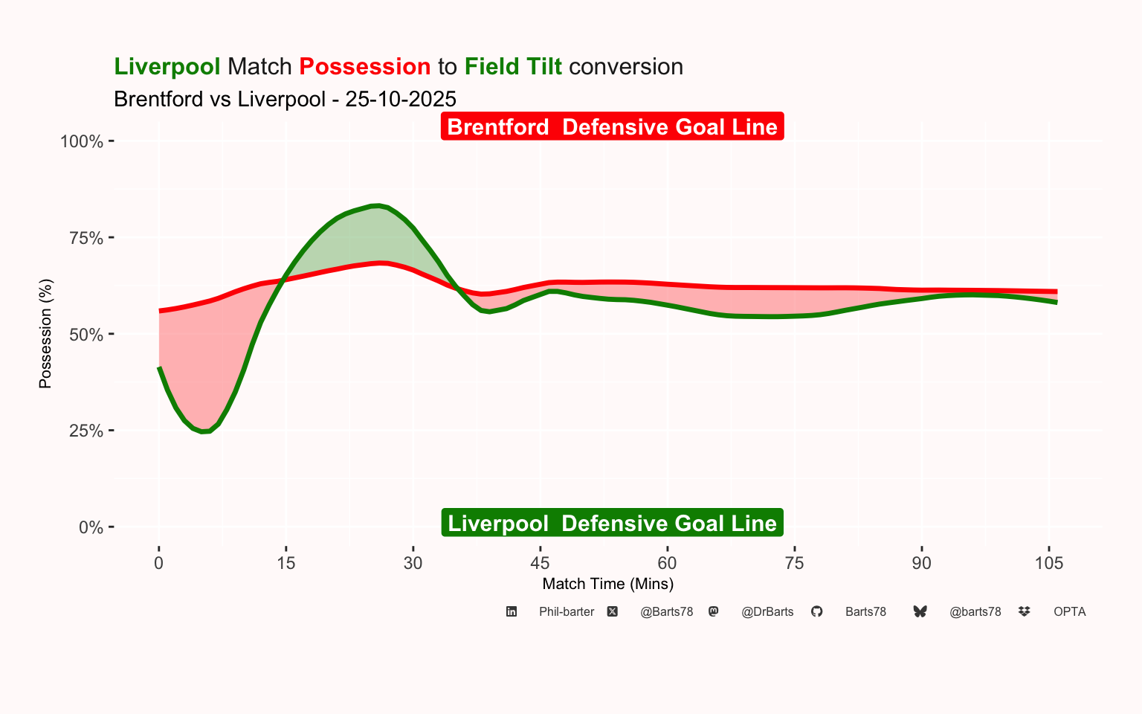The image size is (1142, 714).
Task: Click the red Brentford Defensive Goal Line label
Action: [x=612, y=126]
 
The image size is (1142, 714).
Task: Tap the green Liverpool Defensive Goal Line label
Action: [x=612, y=523]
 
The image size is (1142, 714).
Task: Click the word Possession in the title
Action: [x=364, y=66]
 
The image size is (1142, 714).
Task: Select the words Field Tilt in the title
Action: [x=513, y=66]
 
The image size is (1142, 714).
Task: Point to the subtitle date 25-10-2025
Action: [x=401, y=99]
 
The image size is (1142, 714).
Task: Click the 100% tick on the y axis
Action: [x=82, y=141]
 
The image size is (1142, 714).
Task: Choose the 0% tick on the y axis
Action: [x=91, y=527]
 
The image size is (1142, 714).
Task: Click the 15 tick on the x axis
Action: [x=285, y=563]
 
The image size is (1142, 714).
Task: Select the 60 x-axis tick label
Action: [x=667, y=563]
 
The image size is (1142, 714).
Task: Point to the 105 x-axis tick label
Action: [x=1048, y=563]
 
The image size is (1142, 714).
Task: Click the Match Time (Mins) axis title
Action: [x=608, y=584]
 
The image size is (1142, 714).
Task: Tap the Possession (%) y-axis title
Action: [x=45, y=334]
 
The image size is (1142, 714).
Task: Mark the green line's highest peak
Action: [x=377, y=205]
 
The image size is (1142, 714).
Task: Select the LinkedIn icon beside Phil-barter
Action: [x=512, y=611]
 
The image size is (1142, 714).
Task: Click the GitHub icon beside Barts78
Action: [x=816, y=611]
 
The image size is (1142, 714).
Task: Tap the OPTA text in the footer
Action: [x=1069, y=611]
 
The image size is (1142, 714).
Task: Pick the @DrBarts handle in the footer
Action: [x=767, y=611]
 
